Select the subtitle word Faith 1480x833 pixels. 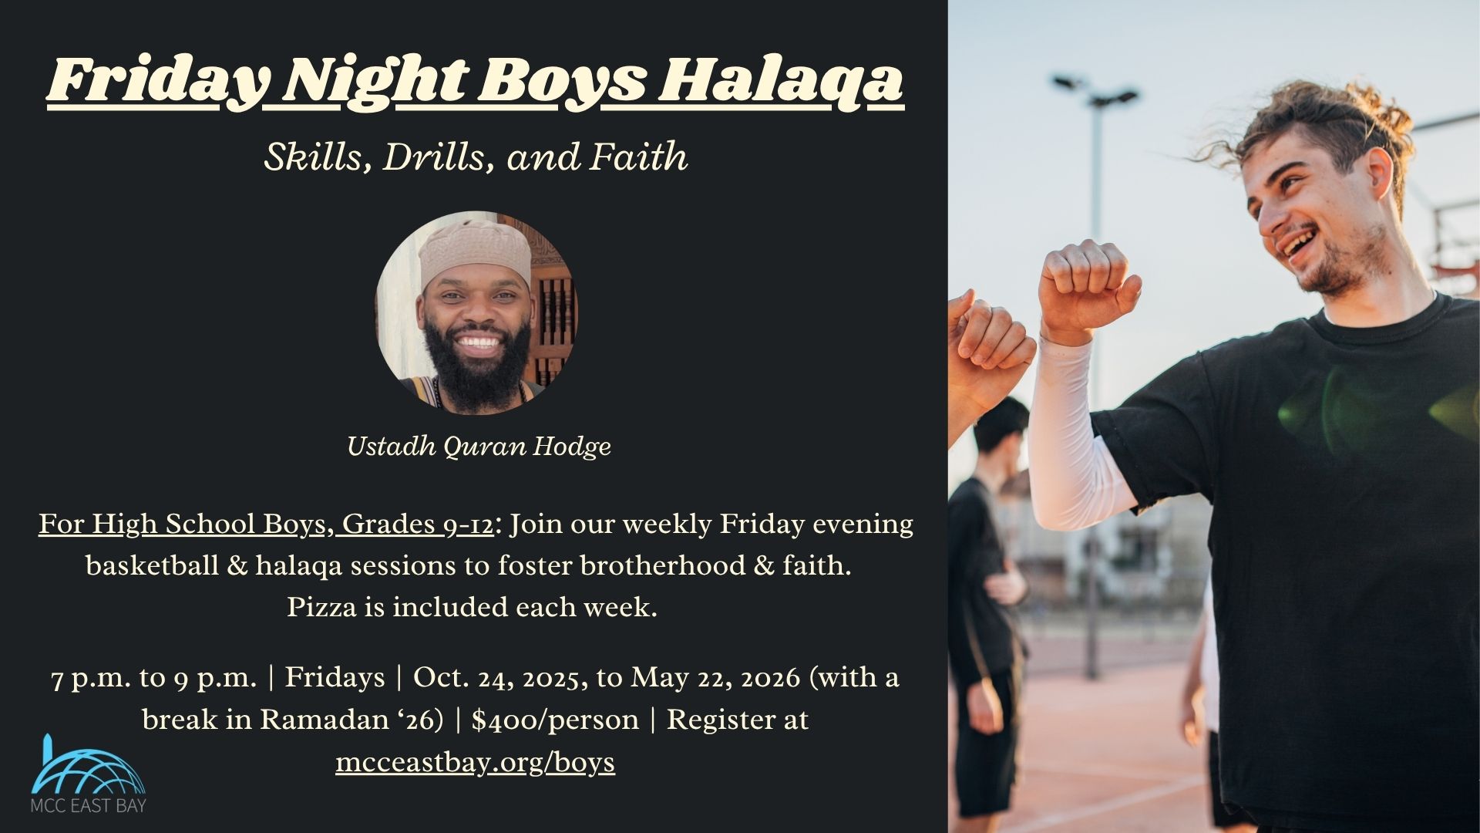pos(638,157)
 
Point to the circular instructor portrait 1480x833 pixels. pos(476,312)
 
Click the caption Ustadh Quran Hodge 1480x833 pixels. pos(479,446)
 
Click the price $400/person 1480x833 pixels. pos(555,720)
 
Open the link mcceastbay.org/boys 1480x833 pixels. pos(475,762)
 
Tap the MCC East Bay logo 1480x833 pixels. pos(87,775)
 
